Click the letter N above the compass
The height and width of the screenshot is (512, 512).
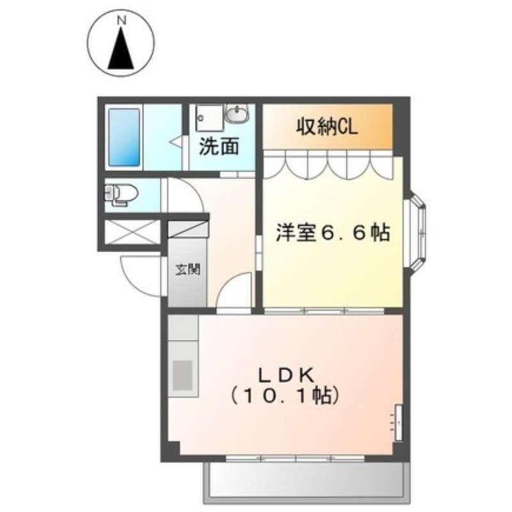point(122,20)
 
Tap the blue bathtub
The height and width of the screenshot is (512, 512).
point(124,138)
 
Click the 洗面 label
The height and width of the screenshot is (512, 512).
point(219,147)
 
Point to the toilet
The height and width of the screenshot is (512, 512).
point(121,195)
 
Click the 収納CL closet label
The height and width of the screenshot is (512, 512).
point(327,127)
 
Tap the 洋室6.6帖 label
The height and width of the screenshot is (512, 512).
point(333,232)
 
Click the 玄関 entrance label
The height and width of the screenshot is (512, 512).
point(188,269)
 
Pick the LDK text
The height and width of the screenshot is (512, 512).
point(287,376)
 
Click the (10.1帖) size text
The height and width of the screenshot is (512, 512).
point(284,396)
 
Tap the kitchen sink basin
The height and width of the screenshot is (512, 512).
point(182,375)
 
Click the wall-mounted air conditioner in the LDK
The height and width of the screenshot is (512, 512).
point(398,422)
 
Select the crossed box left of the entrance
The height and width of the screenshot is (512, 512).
point(132,232)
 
